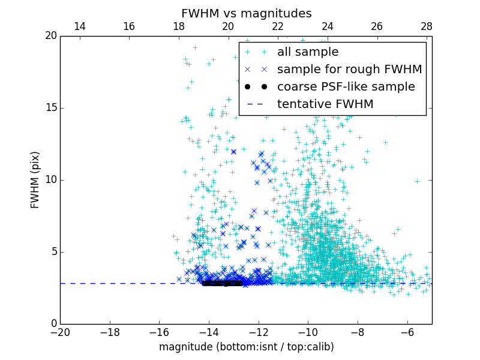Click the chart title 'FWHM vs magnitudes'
tap(246, 13)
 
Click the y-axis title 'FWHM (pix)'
tap(35, 180)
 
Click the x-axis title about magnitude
tap(246, 347)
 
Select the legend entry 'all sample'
tap(308, 52)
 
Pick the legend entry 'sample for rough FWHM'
tap(349, 70)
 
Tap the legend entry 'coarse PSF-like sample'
tap(346, 87)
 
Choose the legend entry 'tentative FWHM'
tap(325, 104)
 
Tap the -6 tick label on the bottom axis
tap(407, 332)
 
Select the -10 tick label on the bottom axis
tap(308, 332)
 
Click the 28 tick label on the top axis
tap(427, 26)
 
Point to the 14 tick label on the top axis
tap(79, 26)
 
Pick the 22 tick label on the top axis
tap(278, 26)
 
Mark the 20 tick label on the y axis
tap(50, 36)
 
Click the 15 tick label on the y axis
tap(50, 108)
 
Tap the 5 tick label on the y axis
tap(53, 252)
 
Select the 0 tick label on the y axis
tap(53, 324)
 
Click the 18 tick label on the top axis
tap(179, 26)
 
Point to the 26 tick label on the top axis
tap(377, 26)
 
